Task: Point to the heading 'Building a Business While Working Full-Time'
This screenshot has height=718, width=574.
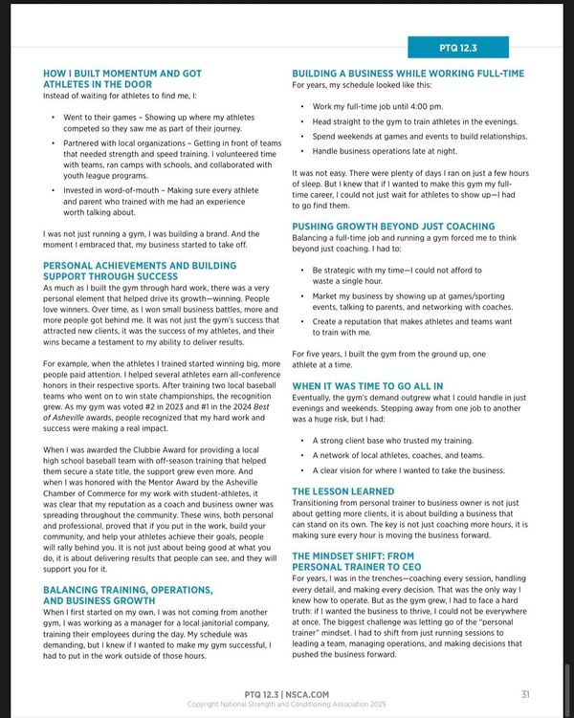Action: (x=408, y=73)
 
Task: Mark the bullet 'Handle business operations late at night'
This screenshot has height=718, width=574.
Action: (x=401, y=150)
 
